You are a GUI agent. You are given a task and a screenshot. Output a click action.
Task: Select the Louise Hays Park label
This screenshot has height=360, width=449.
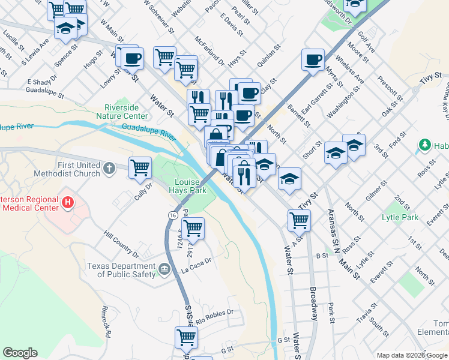tap(190, 186)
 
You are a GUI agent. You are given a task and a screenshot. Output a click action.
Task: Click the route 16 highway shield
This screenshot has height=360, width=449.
tap(173, 214)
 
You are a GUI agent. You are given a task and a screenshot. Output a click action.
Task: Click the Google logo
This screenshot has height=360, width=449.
tap(20, 352)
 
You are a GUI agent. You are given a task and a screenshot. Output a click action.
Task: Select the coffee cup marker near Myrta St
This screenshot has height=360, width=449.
tap(313, 60)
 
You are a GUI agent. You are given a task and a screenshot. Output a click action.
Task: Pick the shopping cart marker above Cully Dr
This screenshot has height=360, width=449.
tap(140, 167)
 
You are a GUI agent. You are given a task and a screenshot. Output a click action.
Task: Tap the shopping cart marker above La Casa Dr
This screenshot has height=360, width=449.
tap(193, 228)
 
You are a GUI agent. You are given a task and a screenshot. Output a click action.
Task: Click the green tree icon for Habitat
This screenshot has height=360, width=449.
tap(424, 145)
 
